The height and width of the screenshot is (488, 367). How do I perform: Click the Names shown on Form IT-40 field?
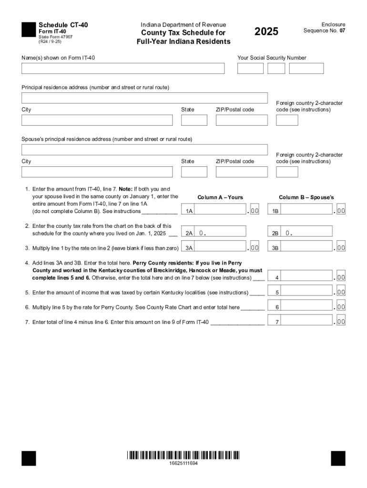[x=123, y=69]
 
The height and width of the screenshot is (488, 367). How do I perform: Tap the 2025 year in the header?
[x=266, y=32]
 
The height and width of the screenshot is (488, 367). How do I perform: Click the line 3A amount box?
[x=221, y=247]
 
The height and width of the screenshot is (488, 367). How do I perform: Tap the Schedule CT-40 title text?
[x=63, y=25]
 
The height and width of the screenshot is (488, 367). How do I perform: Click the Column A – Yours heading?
[x=220, y=197]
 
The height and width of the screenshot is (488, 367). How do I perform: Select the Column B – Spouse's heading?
[x=306, y=197]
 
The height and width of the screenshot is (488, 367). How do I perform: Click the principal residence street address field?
[x=144, y=98]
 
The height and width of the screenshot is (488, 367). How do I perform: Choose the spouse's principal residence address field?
[x=144, y=150]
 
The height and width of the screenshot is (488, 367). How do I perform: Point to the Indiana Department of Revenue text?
[x=183, y=25]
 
